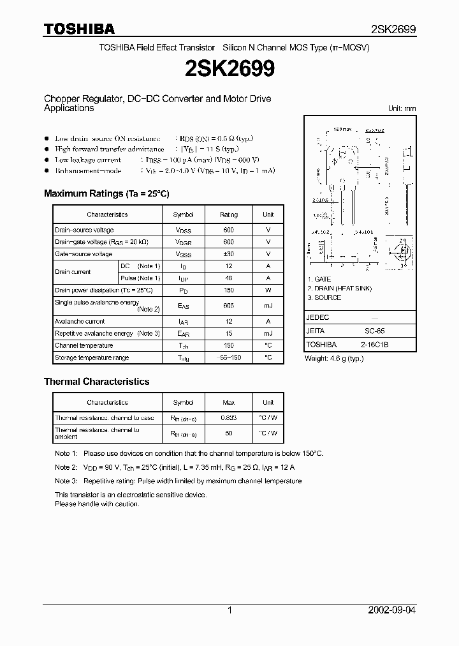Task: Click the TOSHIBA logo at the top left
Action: click(x=79, y=29)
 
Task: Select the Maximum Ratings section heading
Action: click(x=106, y=193)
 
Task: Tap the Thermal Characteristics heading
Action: click(x=96, y=382)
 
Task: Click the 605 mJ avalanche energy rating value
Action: click(x=229, y=306)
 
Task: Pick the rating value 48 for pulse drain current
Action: click(x=229, y=278)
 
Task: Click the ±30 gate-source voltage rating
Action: click(x=229, y=254)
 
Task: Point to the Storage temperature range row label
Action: click(x=92, y=358)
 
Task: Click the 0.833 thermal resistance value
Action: click(x=229, y=417)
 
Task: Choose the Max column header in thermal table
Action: click(x=229, y=403)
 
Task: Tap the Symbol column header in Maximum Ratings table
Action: click(x=183, y=214)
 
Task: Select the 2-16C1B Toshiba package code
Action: click(x=374, y=345)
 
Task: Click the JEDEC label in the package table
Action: click(x=318, y=317)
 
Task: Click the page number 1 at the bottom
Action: click(x=229, y=610)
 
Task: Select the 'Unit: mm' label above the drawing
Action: click(x=402, y=109)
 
